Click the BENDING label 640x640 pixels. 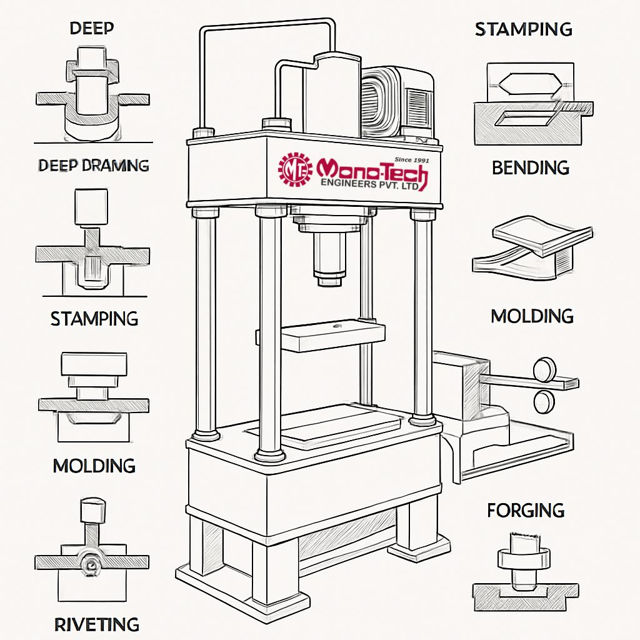pyautogui.click(x=531, y=167)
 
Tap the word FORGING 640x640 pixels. pyautogui.click(x=526, y=510)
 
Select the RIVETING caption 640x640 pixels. pyautogui.click(x=96, y=624)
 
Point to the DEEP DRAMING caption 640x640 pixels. pyautogui.click(x=94, y=166)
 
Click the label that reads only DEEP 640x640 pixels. pyautogui.click(x=92, y=28)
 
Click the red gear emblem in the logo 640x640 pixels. pyautogui.click(x=296, y=168)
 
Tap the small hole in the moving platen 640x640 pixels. pyautogui.click(x=337, y=325)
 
